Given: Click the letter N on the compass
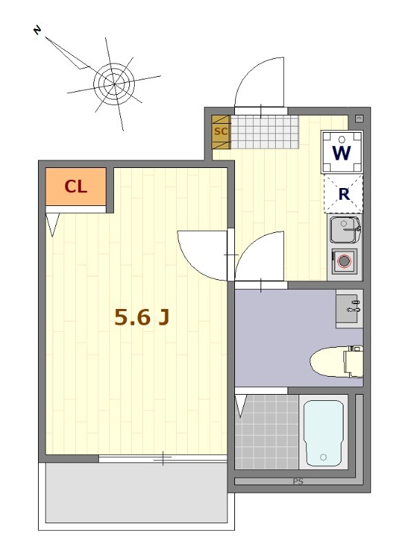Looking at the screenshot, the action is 37,30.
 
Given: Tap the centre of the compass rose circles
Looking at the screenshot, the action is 114,84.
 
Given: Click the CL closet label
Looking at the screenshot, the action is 76,186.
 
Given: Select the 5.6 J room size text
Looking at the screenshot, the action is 142,317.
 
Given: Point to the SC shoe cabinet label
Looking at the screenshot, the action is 221,131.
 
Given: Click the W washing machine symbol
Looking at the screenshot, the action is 342,152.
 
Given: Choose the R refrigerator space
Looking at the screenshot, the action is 343,194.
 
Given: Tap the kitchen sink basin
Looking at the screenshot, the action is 344,230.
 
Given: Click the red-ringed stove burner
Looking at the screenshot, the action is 344,261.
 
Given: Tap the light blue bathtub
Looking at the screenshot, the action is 323,433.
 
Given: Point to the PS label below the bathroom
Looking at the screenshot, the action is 298,481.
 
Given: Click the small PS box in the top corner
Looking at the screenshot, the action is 359,118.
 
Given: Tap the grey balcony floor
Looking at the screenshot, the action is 136,493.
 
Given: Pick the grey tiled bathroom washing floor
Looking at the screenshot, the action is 267,432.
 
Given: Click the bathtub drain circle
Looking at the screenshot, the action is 323,458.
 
